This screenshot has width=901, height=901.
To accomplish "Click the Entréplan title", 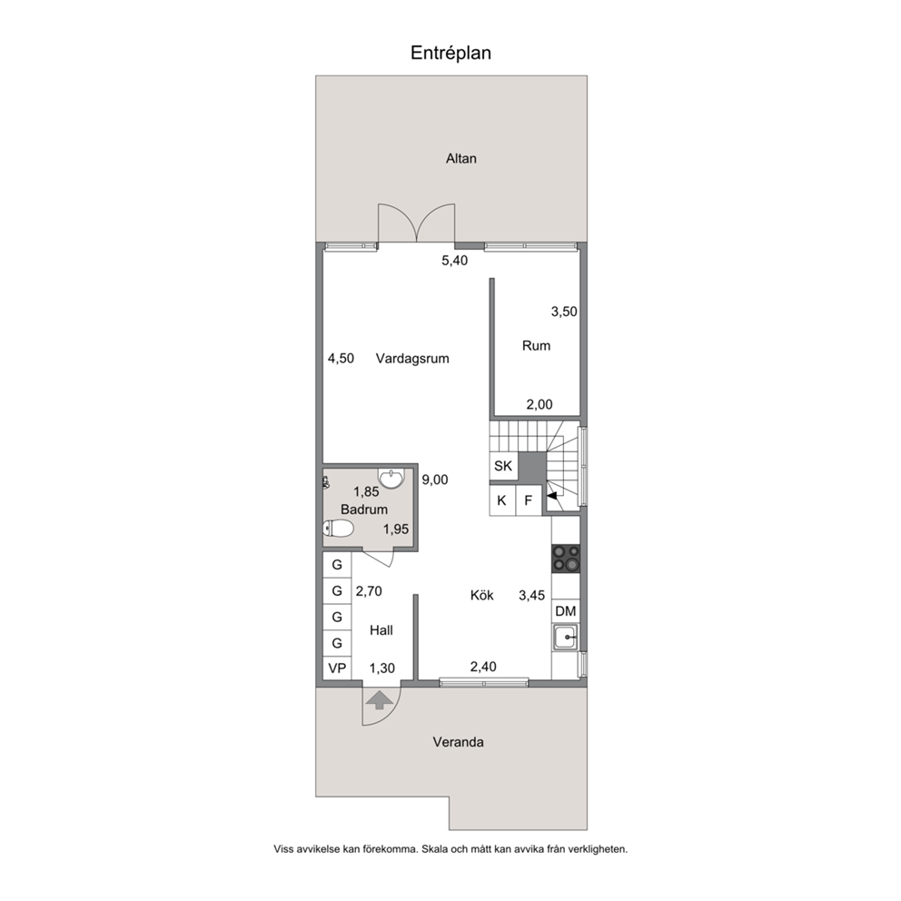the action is [450, 53].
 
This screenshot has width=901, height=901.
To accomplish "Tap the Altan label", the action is [460, 159].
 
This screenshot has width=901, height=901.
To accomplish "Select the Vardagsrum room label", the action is [412, 359].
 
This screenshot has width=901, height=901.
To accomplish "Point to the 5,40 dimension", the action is [454, 261].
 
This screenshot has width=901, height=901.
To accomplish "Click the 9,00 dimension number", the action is [435, 480].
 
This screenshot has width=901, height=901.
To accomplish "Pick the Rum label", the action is [536, 345].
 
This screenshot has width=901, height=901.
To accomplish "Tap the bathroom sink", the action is [391, 479].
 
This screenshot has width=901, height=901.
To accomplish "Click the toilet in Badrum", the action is [338, 528].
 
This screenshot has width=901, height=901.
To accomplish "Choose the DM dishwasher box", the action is [566, 611].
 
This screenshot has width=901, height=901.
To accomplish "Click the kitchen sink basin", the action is [566, 638].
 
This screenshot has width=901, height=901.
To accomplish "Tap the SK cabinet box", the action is [503, 465].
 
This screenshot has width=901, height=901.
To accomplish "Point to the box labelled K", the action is [502, 500].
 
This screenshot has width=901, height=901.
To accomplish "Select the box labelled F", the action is [529, 500].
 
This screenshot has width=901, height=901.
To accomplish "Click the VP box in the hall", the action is [337, 668].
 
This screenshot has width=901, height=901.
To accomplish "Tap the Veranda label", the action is [458, 742].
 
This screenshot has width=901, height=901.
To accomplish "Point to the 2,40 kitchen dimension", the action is [483, 667].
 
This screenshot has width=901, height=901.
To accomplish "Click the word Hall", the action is [381, 630].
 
